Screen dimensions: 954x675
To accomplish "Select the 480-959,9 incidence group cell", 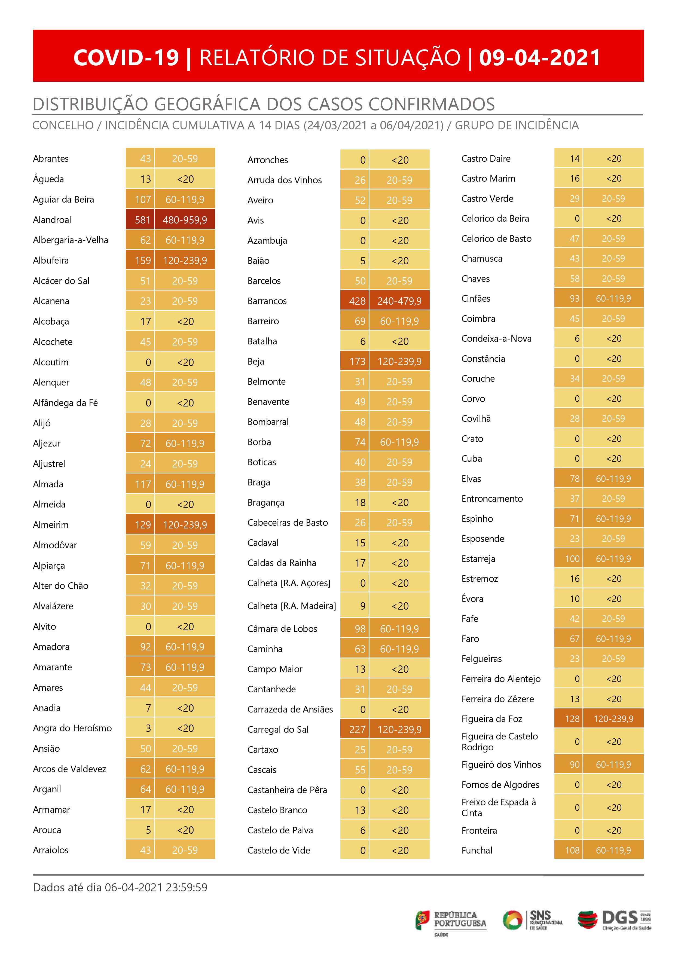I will (x=185, y=220).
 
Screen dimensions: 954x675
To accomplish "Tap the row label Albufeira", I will (x=51, y=261).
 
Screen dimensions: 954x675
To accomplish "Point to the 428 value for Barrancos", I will (x=357, y=301).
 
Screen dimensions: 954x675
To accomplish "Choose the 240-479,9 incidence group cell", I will (x=399, y=301).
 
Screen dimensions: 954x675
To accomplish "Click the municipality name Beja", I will (x=256, y=362).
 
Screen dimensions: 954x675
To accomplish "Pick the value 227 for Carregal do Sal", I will (x=357, y=730).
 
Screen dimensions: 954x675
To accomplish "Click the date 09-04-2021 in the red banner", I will (x=539, y=57).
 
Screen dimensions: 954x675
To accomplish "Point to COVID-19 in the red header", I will (x=126, y=57).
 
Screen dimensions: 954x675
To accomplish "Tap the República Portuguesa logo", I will (x=451, y=920).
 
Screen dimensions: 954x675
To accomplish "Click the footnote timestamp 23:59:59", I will (x=186, y=888).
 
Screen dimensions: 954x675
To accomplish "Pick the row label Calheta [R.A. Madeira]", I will (x=291, y=606).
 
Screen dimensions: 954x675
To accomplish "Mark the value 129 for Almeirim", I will (x=143, y=525).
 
